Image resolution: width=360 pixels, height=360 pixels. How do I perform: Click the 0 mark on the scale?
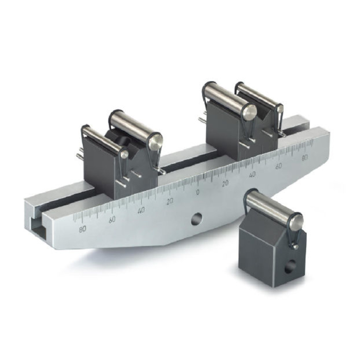click(x=198, y=192)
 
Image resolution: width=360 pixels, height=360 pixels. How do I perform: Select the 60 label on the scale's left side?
click(x=112, y=220)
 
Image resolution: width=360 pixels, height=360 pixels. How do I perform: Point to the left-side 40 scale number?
click(x=141, y=210)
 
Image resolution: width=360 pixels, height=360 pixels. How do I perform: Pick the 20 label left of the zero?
click(x=170, y=201)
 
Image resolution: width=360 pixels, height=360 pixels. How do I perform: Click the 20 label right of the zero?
click(x=225, y=184)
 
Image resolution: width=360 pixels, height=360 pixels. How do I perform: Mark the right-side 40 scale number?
click(x=252, y=175)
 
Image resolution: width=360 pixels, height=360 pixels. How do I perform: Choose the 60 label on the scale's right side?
click(x=278, y=166)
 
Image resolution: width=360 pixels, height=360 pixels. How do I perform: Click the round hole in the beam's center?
click(x=197, y=219)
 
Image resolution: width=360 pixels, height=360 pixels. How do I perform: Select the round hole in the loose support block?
click(x=290, y=267)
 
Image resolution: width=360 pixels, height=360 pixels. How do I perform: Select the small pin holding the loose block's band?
click(x=295, y=247)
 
